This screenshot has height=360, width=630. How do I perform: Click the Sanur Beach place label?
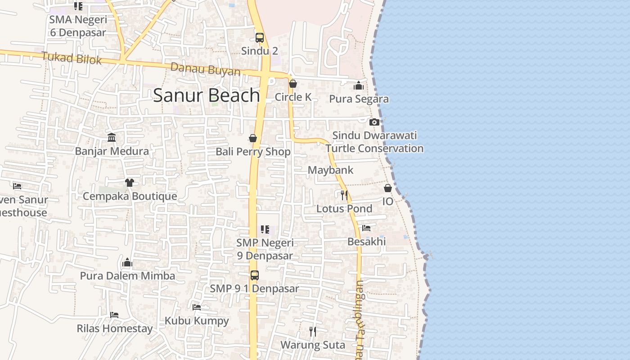(207, 95)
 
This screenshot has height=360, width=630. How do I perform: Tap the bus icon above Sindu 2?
(260, 38)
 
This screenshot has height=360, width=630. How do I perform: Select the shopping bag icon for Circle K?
(293, 84)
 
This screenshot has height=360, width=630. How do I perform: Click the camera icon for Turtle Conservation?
(374, 122)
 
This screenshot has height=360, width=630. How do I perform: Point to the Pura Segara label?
(359, 99)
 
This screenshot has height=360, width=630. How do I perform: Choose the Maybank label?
(330, 170)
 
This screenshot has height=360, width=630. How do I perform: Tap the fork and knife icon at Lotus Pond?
(344, 195)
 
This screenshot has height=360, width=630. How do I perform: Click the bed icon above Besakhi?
(366, 228)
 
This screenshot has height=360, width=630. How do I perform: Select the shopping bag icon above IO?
(388, 188)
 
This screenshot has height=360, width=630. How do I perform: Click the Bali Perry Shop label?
(253, 152)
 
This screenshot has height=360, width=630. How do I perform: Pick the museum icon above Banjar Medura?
(112, 137)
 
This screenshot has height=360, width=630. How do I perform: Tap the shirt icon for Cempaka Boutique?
(130, 182)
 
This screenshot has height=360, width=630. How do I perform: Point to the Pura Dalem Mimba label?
(127, 276)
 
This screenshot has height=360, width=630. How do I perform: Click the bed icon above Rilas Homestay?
(114, 315)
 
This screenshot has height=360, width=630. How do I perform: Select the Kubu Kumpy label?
(197, 321)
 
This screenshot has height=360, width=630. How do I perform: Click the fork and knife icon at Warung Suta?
(313, 332)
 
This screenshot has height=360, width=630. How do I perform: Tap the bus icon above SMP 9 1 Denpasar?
(255, 275)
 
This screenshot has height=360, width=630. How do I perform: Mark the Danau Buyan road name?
(205, 69)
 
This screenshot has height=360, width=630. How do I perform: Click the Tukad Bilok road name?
(72, 58)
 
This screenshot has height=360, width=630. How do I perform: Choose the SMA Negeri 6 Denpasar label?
(78, 26)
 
